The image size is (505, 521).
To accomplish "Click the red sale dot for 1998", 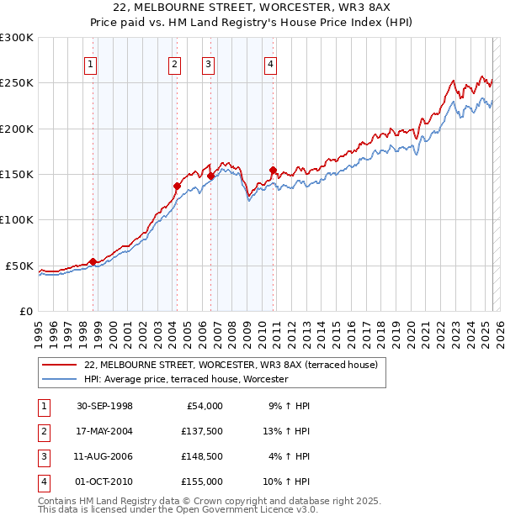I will tap(93, 261).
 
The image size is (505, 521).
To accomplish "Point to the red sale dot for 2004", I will tap(177, 186).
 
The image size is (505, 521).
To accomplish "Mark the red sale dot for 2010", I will tap(273, 170).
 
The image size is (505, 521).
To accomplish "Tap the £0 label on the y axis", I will tap(25, 311).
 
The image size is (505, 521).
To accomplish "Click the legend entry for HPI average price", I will tap(186, 380).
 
